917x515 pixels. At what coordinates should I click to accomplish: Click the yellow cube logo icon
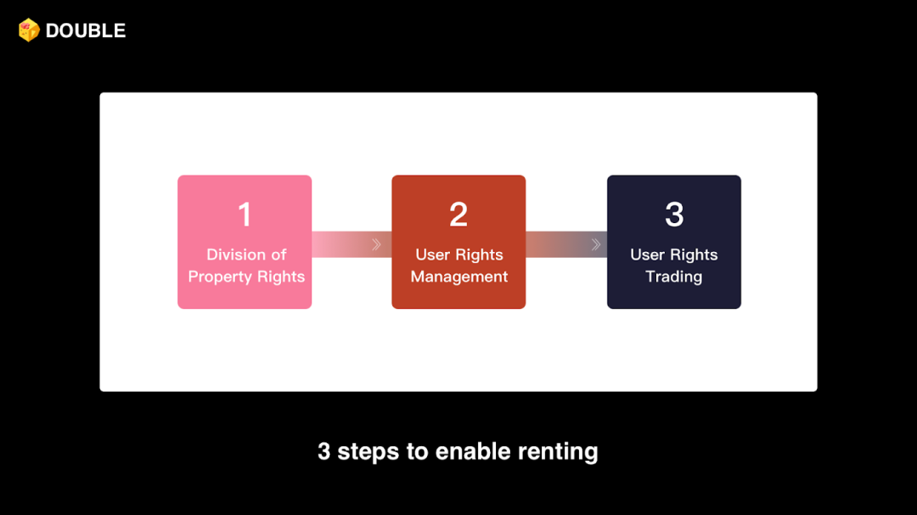[29, 31]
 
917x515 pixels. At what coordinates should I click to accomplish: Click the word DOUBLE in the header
[86, 31]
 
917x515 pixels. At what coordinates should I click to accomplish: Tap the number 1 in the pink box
[245, 215]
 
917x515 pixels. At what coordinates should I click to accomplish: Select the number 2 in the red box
[458, 215]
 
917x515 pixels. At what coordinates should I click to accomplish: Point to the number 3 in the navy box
[674, 215]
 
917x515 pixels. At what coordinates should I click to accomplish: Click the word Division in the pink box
[234, 255]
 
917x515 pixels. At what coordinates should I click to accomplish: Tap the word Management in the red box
[458, 277]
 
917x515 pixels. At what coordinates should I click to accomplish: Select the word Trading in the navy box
[673, 277]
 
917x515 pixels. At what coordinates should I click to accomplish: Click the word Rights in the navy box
[695, 255]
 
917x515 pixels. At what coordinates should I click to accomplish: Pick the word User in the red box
[433, 255]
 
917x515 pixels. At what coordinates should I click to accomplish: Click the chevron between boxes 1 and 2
[375, 244]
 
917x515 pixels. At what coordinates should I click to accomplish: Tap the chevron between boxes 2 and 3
[595, 244]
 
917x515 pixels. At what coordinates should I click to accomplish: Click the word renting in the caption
[560, 451]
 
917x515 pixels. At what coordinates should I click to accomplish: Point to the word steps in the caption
[369, 451]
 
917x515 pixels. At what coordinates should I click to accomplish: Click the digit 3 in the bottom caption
[323, 451]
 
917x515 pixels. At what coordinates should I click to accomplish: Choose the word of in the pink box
[278, 255]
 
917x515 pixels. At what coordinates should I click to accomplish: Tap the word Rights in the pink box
[282, 277]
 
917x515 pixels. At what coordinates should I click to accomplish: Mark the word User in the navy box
[648, 255]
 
